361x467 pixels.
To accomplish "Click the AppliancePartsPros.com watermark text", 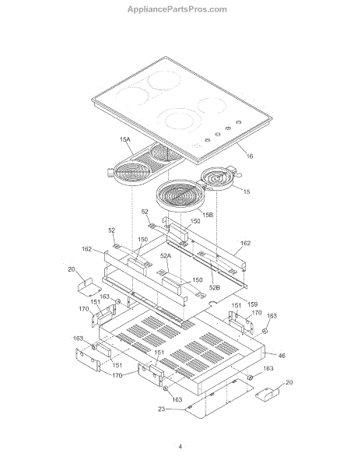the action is click(x=177, y=9).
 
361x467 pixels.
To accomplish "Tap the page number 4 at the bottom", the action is click(x=180, y=447).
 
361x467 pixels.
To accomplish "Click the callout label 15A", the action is click(x=125, y=139).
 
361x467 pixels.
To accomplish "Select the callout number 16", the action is click(x=250, y=156).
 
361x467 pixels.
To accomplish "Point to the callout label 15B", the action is click(x=208, y=215).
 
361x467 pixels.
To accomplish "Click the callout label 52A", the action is click(x=166, y=255).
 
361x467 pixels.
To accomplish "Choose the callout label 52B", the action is click(x=214, y=287).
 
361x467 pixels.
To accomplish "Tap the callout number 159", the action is click(x=252, y=304).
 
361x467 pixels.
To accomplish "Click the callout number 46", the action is click(x=282, y=356).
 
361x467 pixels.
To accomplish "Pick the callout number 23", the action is click(x=161, y=409).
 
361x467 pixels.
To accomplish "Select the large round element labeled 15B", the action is click(x=180, y=195).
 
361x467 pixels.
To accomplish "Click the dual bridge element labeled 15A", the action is click(x=145, y=165).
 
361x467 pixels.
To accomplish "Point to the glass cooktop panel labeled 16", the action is click(x=182, y=111).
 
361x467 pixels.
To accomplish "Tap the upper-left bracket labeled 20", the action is click(x=89, y=286).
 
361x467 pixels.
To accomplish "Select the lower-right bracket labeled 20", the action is click(x=268, y=393).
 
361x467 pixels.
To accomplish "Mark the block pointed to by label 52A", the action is click(x=171, y=285).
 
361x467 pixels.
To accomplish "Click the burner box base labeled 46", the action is click(x=181, y=352).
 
